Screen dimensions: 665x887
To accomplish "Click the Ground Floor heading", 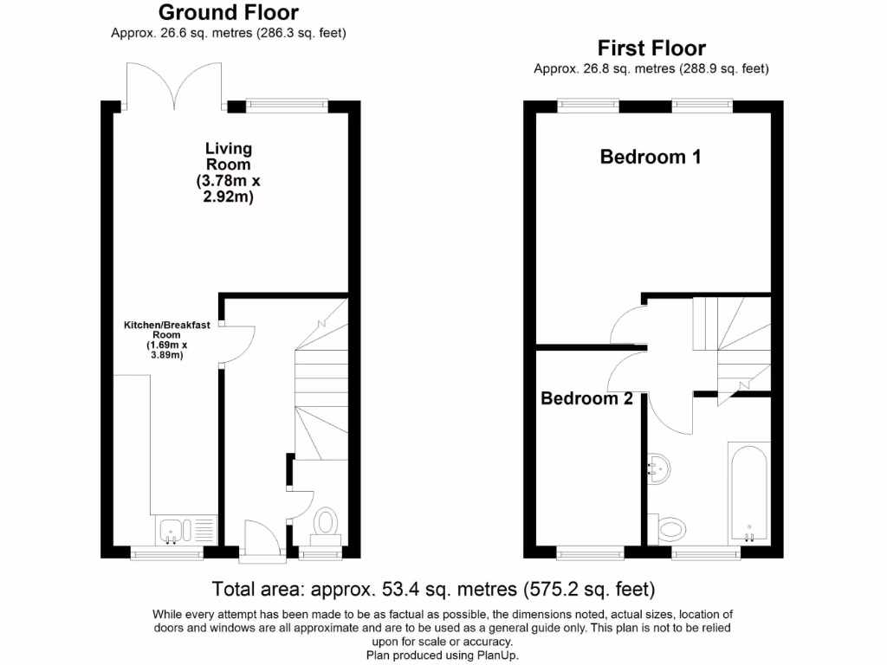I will pos(229,12).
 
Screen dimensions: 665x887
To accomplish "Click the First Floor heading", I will pos(651,48).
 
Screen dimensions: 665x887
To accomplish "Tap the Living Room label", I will pos(229,156).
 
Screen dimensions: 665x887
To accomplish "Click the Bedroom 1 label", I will pos(651,157).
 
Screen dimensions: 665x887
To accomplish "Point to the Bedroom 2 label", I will pos(586,398).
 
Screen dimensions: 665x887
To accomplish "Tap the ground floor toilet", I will pos(326,521).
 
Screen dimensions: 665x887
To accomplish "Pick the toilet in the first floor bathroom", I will pos(671,526).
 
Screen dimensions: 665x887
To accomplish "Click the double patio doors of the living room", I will pos(174,87).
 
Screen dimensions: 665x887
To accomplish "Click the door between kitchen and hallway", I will pos(236,344).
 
